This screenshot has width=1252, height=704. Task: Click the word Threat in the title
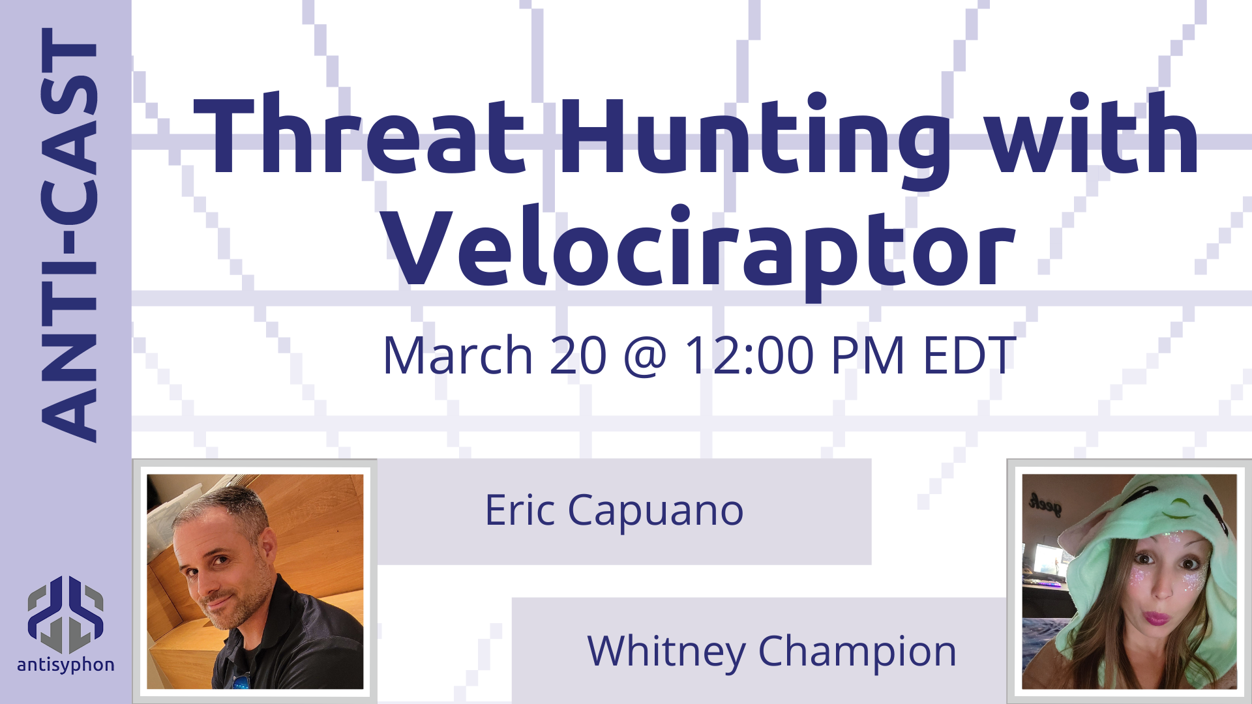[x=359, y=135]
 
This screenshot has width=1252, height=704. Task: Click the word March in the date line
[x=458, y=355]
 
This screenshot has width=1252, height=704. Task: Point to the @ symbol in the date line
[x=645, y=357]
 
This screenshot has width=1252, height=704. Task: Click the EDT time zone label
[x=970, y=355]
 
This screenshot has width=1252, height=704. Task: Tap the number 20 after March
[x=578, y=355]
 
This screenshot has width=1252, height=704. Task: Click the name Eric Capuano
[x=614, y=510]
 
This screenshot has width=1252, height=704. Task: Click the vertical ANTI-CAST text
[x=69, y=235]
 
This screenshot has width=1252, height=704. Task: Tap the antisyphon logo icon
[x=65, y=615]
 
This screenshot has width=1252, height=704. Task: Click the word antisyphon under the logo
[x=66, y=665]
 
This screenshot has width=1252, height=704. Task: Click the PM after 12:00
[x=869, y=355]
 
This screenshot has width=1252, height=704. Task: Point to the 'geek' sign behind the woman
[x=1045, y=504]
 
